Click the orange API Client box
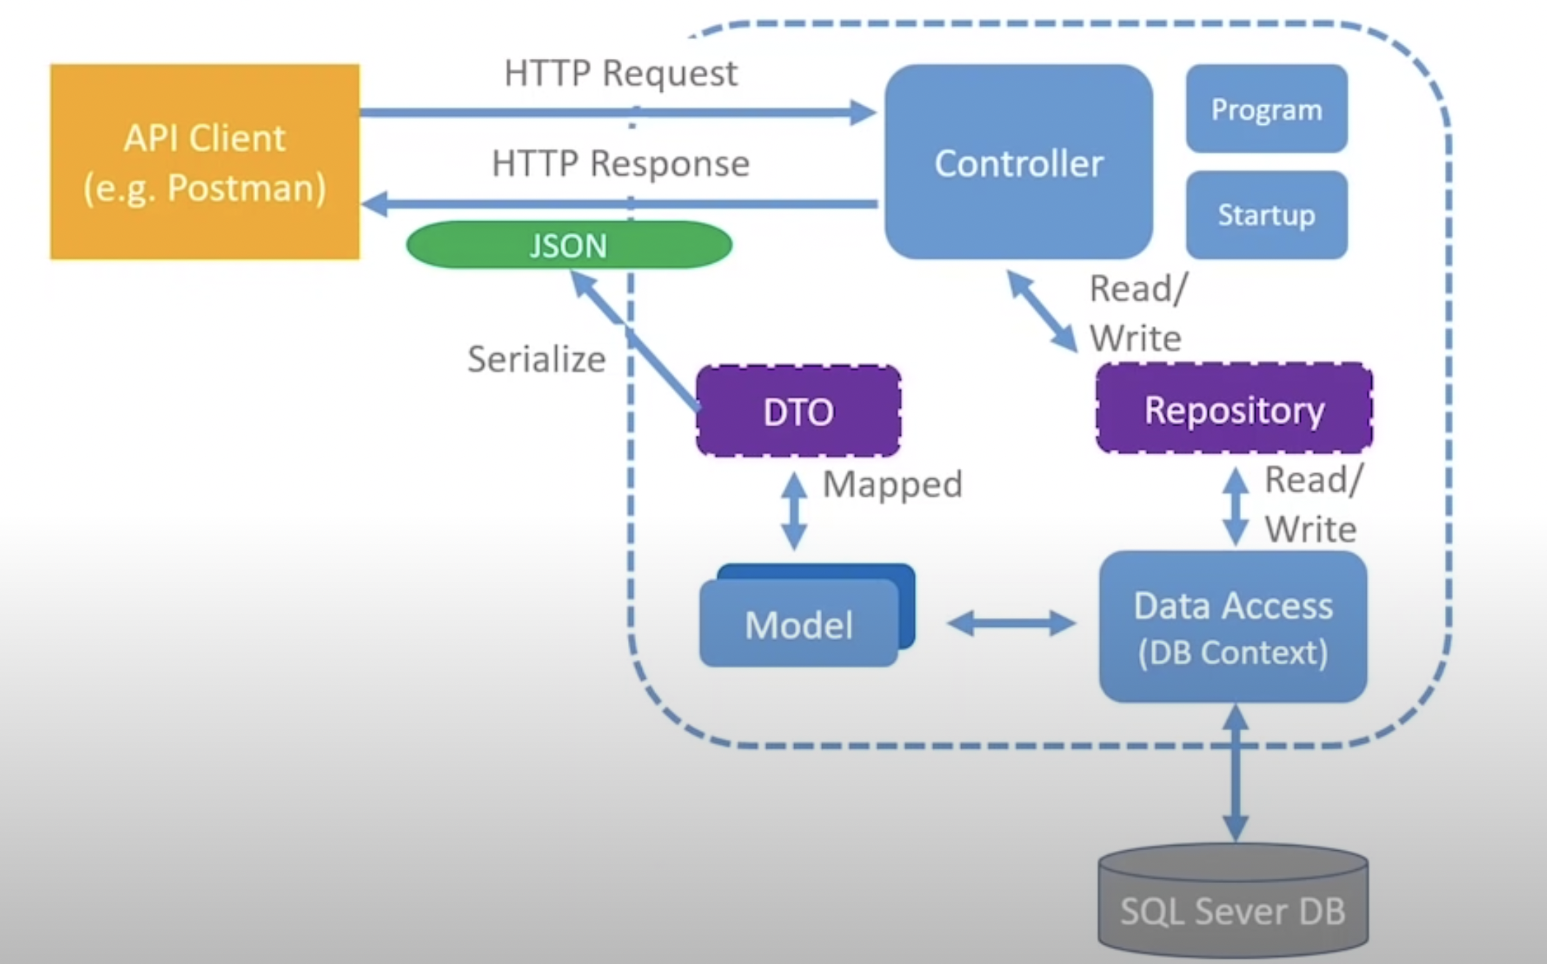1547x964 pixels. pyautogui.click(x=204, y=162)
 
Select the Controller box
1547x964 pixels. pyautogui.click(x=1018, y=162)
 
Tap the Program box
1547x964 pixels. pyautogui.click(x=1266, y=109)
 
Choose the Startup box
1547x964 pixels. pyautogui.click(x=1266, y=215)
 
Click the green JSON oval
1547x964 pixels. pyautogui.click(x=568, y=245)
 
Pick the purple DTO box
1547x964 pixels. pyautogui.click(x=798, y=411)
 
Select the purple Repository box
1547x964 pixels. pyautogui.click(x=1234, y=409)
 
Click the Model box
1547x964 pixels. pyautogui.click(x=799, y=624)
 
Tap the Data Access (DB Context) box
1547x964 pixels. pyautogui.click(x=1233, y=627)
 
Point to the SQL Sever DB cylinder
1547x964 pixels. pyautogui.click(x=1233, y=904)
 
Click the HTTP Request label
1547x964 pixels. pyautogui.click(x=620, y=73)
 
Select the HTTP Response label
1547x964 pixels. pyautogui.click(x=620, y=163)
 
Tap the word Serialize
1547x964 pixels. pyautogui.click(x=536, y=359)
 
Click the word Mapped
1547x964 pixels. pyautogui.click(x=892, y=484)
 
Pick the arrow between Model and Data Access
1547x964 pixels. pyautogui.click(x=1011, y=624)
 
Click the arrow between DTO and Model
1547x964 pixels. pyautogui.click(x=794, y=511)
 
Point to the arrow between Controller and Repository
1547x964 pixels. pyautogui.click(x=1041, y=310)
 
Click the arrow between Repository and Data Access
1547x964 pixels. pyautogui.click(x=1235, y=507)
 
